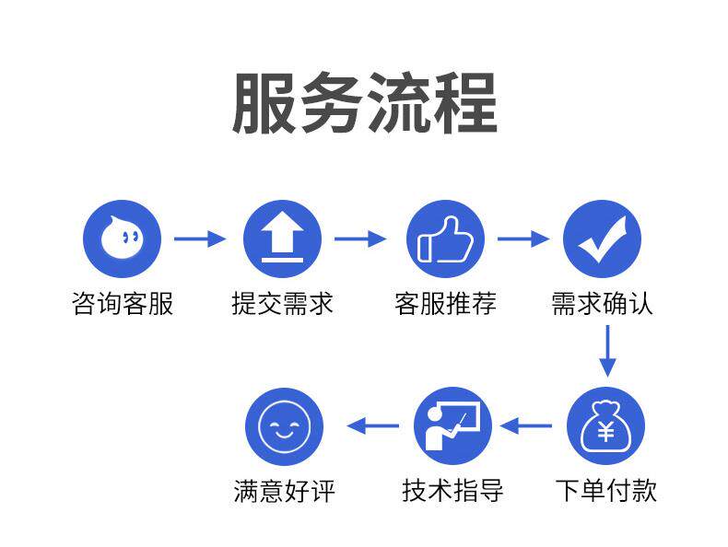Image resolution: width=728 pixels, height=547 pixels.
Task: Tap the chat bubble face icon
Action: pyautogui.click(x=122, y=239)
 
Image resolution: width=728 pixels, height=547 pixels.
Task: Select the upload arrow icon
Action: pyautogui.click(x=282, y=239)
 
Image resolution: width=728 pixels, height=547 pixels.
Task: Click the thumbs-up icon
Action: pyautogui.click(x=445, y=239)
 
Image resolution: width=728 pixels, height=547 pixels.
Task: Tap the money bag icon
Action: pyautogui.click(x=605, y=426)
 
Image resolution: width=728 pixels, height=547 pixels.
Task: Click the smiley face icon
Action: pyautogui.click(x=284, y=426)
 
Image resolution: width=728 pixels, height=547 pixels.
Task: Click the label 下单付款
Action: pyautogui.click(x=605, y=489)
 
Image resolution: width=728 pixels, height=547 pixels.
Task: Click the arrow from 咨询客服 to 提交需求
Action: pyautogui.click(x=200, y=239)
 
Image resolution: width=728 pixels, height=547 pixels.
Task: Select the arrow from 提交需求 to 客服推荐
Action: pyautogui.click(x=360, y=239)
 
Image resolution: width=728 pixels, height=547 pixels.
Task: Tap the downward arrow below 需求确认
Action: pyautogui.click(x=605, y=350)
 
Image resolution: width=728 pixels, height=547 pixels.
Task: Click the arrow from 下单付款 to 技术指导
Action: pyautogui.click(x=526, y=426)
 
